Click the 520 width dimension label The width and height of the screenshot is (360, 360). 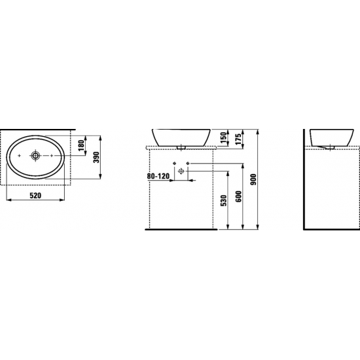35,196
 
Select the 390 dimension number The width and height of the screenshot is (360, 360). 97,157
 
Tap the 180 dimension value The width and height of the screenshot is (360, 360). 82,145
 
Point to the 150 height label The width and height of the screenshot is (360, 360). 223,137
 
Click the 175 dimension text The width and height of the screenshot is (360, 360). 238,139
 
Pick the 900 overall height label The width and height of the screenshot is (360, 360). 253,180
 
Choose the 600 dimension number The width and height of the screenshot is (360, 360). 238,196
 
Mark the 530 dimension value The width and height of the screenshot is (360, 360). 223,200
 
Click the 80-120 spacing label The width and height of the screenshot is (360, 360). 158,176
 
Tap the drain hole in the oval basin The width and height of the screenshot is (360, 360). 35,156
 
